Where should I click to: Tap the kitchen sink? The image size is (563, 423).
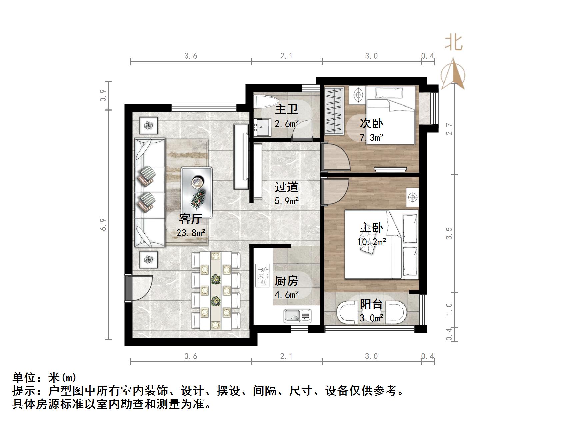(x=297, y=315)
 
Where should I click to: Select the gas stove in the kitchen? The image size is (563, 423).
(x=262, y=275)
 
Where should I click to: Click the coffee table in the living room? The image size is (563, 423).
(x=197, y=192)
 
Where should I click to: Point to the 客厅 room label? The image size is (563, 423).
(x=190, y=219)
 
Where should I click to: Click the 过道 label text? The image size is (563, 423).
(x=286, y=187)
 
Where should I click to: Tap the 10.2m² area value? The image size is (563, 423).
(x=371, y=242)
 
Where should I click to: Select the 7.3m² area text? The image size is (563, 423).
(x=371, y=137)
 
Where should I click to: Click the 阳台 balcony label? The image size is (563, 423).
(x=371, y=304)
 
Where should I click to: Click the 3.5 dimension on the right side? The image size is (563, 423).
(x=449, y=233)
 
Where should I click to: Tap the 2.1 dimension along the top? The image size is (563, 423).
(x=286, y=56)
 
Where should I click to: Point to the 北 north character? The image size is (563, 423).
(x=453, y=43)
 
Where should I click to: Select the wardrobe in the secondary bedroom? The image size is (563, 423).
(x=334, y=111)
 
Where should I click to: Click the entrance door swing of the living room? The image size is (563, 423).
(x=140, y=287)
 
